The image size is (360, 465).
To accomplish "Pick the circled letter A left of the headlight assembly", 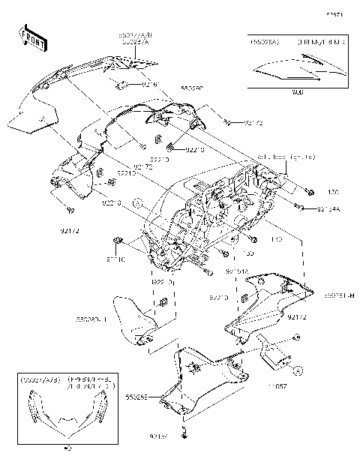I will click(x=137, y=203).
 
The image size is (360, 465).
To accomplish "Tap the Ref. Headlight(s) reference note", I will click(x=280, y=178).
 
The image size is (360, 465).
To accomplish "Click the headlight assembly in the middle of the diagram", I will click(x=217, y=217).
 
